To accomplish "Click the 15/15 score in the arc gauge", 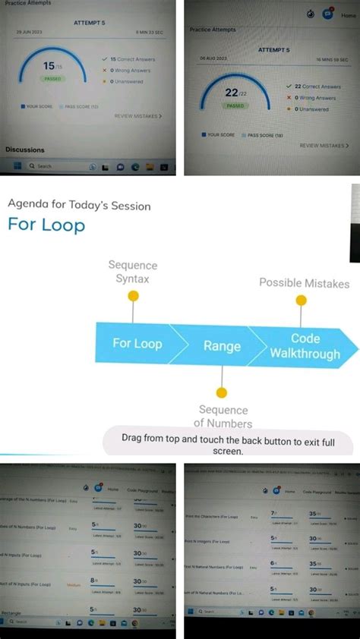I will [49, 67].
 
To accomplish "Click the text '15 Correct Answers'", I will [130, 58].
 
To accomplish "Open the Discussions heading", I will [25, 150].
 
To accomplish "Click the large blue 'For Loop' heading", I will [46, 225].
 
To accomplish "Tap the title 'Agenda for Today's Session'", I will [79, 205].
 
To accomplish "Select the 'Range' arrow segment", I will [222, 346].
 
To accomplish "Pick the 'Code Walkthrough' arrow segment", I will [305, 345].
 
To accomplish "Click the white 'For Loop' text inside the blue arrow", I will [137, 343].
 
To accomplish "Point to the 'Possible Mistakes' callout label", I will [305, 283].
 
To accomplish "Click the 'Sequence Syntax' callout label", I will [133, 272].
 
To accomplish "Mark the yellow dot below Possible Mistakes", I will [302, 301].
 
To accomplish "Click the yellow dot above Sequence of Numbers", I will [222, 392].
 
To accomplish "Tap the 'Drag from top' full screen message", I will [228, 444].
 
